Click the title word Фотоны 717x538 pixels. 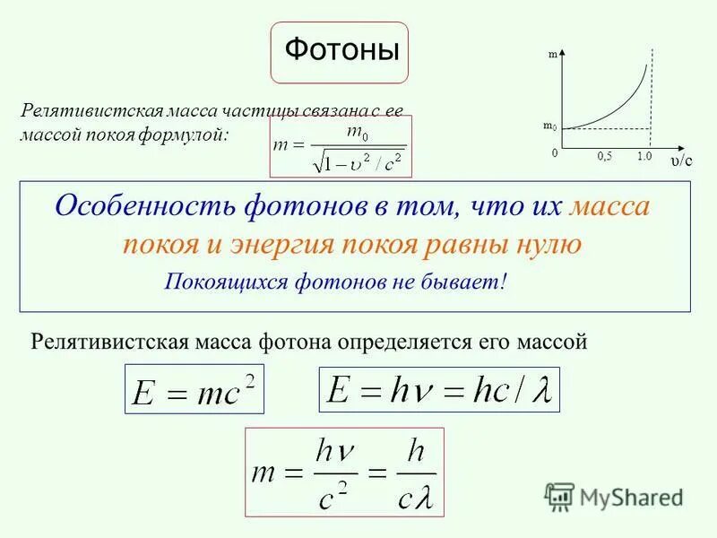(x=341, y=50)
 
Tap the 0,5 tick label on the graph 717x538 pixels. (x=604, y=156)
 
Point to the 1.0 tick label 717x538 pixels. (x=644, y=156)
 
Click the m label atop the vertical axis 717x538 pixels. (x=553, y=55)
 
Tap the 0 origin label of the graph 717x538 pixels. (x=555, y=153)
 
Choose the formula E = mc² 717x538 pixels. (x=194, y=388)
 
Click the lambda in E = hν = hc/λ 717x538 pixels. (x=540, y=389)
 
